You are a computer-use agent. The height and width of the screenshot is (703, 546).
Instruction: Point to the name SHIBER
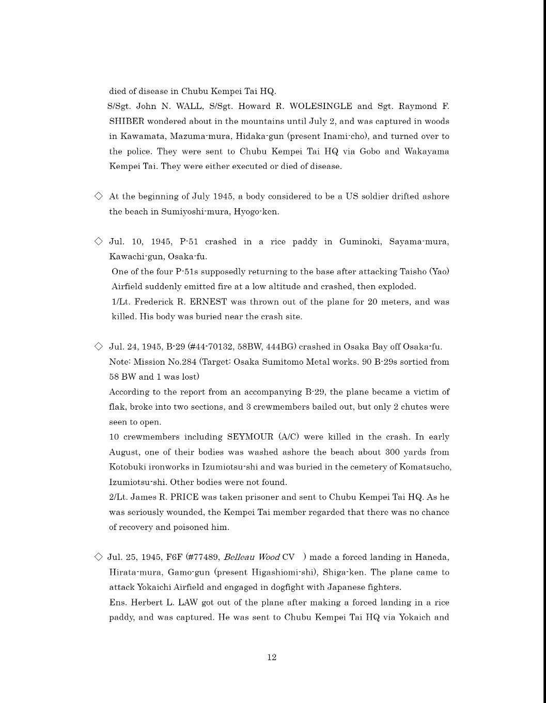(127, 121)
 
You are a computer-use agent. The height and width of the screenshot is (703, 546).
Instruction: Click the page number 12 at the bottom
(272, 657)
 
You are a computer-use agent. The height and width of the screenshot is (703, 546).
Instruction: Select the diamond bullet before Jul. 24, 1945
(98, 347)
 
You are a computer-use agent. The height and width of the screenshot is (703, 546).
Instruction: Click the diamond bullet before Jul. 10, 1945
(98, 241)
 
